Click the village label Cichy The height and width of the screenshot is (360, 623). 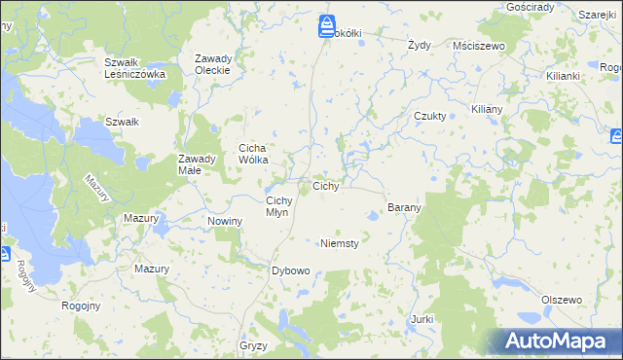pyautogui.click(x=325, y=186)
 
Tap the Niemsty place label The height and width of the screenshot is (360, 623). pyautogui.click(x=340, y=243)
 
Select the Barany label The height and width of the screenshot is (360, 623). pyautogui.click(x=404, y=208)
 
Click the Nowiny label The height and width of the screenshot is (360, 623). pyautogui.click(x=225, y=222)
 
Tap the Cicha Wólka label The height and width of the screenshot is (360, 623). pyautogui.click(x=260, y=154)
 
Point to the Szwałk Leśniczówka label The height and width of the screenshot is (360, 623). pyautogui.click(x=135, y=68)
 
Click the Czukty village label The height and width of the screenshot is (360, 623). pyautogui.click(x=429, y=116)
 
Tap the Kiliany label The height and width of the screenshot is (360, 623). pyautogui.click(x=486, y=110)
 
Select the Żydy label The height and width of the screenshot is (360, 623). pyautogui.click(x=419, y=45)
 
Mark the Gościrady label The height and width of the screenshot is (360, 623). pyautogui.click(x=531, y=7)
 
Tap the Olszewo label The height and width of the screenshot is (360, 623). pyautogui.click(x=561, y=300)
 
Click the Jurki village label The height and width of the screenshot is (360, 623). pyautogui.click(x=421, y=319)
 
